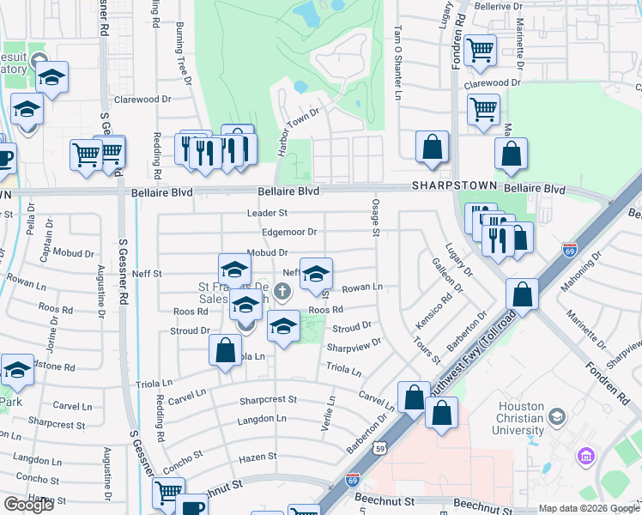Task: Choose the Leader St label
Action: (266, 212)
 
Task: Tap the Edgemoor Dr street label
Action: (289, 232)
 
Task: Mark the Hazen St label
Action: (258, 457)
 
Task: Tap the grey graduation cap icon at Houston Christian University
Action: (557, 417)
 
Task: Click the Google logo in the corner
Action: (28, 504)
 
